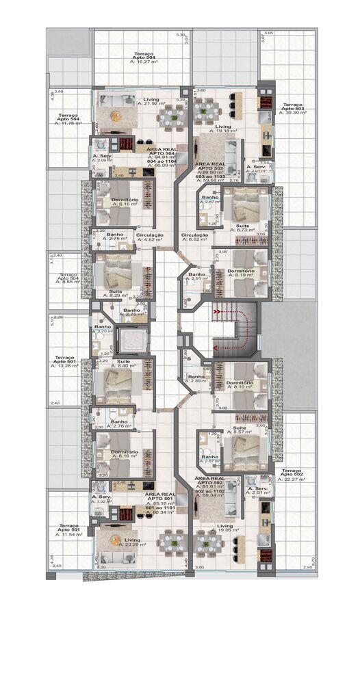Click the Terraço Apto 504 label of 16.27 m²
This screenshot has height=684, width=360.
(144, 57)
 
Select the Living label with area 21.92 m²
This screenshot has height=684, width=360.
(151, 101)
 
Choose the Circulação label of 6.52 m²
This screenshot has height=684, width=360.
(194, 237)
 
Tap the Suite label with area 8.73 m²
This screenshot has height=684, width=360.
(243, 228)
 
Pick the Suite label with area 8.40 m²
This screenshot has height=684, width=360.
(125, 363)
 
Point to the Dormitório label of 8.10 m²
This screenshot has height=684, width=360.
(240, 384)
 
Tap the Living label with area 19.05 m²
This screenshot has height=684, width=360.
(224, 528)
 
